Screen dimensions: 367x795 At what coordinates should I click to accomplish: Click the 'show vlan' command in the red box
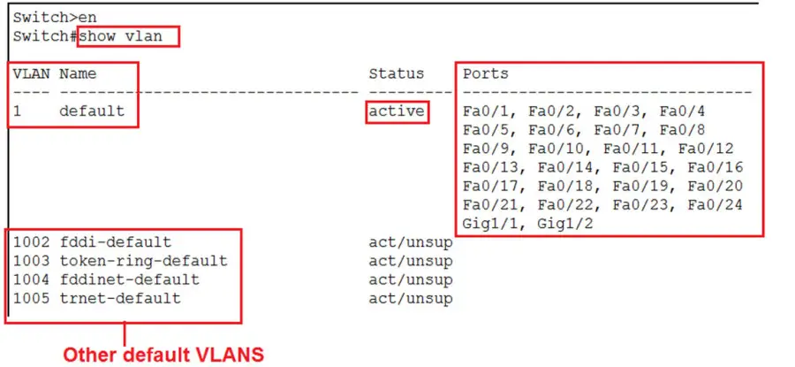128,37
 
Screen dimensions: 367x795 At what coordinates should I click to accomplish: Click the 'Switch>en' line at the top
55,17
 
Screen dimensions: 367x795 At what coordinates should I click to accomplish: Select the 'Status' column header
396,73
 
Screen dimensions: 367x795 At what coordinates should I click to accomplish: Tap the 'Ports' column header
485,73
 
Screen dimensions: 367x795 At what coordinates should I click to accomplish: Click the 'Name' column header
78,73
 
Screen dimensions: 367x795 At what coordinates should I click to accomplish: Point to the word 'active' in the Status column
397,111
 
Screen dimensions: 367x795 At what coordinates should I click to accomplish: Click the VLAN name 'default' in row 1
92,111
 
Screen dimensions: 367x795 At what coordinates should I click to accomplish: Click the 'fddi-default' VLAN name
115,242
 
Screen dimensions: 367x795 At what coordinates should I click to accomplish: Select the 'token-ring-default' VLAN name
143,261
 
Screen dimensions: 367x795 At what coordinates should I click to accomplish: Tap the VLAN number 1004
31,279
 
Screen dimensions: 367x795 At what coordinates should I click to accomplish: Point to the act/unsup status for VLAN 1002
410,242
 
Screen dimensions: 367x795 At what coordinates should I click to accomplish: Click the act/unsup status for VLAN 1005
410,299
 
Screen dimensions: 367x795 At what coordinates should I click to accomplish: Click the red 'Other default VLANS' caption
163,354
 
